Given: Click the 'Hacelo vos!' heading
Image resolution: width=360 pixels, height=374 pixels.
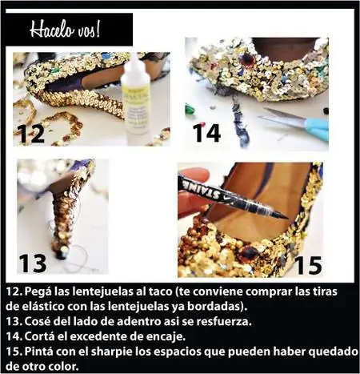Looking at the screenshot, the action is [65, 29].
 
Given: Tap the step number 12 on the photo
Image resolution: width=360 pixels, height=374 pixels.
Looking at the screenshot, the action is [31, 134].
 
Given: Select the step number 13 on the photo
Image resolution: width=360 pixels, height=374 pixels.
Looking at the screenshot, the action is [33, 263].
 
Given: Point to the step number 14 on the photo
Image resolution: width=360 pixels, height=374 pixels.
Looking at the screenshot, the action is [206, 133].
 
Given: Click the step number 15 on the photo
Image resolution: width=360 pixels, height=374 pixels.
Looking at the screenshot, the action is [309, 265].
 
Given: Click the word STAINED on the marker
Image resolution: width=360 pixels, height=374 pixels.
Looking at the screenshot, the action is [205, 191].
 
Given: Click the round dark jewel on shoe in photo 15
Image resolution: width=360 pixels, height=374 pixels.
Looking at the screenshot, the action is [249, 252].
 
